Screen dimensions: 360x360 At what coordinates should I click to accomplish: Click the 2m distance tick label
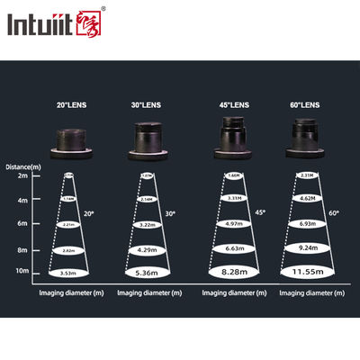tap(21, 175)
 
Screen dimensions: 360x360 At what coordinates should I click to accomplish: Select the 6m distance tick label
tap(21, 223)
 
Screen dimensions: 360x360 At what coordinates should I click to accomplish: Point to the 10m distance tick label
tap(21, 271)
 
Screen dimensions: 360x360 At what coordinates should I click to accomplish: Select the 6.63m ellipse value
tap(227, 247)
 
